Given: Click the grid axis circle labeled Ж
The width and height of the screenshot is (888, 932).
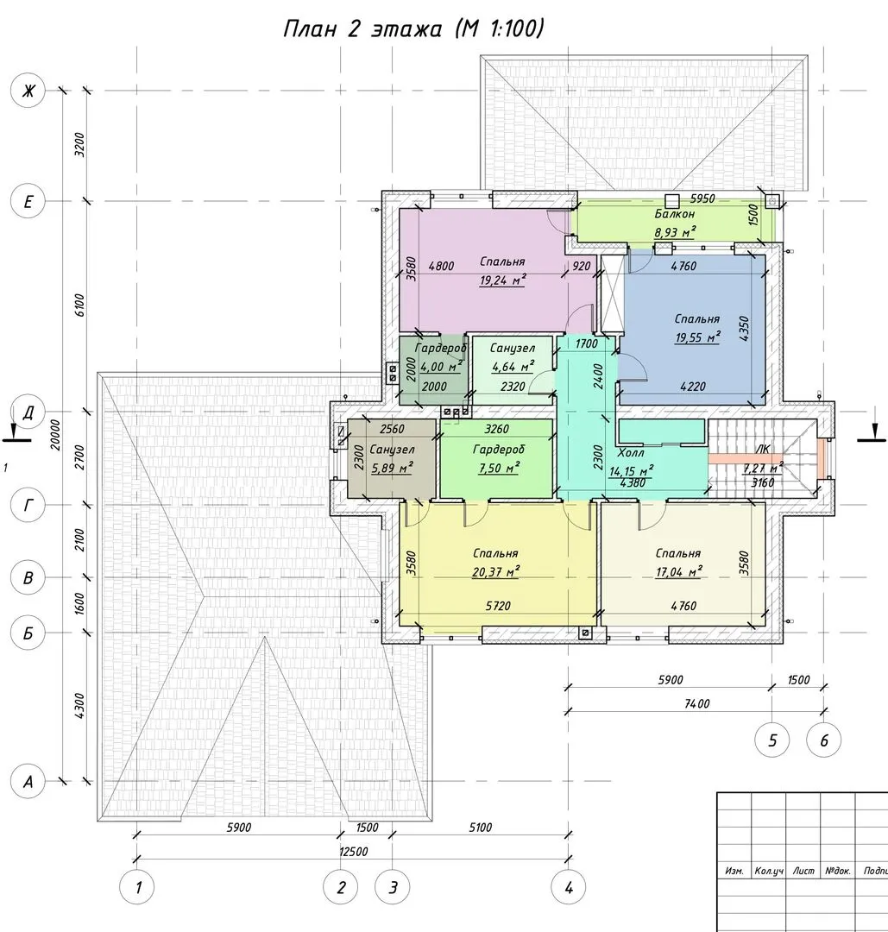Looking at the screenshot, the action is pos(28,91).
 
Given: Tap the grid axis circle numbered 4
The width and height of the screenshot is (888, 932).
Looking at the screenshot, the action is pos(569,887).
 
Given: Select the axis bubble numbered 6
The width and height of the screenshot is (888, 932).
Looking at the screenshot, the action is pos(824,740).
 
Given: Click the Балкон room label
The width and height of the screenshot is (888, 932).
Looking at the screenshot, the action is pos(675,214).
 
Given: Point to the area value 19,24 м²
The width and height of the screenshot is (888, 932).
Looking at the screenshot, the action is pos(503,280).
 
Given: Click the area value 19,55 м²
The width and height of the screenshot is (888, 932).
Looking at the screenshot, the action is pos(698,337).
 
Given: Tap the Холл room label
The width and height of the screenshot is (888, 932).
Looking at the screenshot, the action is pos(631,453).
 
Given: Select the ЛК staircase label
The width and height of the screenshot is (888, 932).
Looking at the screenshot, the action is pos(762,450).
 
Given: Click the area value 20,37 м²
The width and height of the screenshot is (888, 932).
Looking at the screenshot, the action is pos(496,572).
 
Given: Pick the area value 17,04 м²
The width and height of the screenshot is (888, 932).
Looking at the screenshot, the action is pos(679,572).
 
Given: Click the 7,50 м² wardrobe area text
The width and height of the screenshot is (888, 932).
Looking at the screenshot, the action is pos(499,469).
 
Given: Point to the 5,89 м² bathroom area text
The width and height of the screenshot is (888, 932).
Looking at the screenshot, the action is pos(393,469).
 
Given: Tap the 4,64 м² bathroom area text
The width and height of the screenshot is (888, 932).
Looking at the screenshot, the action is pos(513,367).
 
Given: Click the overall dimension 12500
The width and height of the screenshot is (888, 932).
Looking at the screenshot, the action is pos(354,851).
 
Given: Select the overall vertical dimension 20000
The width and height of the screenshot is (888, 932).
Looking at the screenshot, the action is pos(55,434).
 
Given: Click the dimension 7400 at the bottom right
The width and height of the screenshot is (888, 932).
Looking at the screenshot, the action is pos(697,704).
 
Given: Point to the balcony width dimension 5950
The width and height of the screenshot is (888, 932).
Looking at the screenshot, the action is pos(702,198).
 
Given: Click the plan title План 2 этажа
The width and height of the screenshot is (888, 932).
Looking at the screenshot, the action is pos(362,28).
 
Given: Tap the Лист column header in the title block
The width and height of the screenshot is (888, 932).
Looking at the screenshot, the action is pos(803,871).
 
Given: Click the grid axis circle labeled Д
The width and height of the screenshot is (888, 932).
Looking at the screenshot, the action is pos(28,412).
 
